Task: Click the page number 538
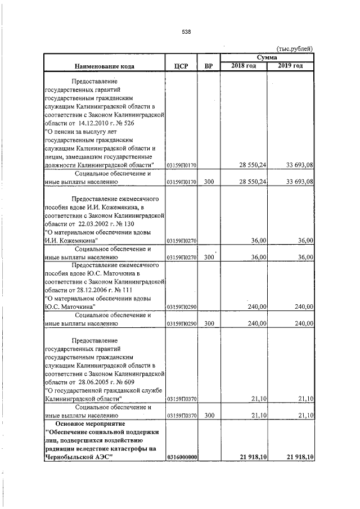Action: [187, 32]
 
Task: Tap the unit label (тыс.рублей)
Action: [294, 49]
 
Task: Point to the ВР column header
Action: [209, 66]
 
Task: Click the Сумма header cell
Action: [267, 57]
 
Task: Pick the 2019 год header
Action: [290, 66]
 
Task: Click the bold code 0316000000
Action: [182, 458]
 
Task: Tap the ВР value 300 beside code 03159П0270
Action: [209, 257]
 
